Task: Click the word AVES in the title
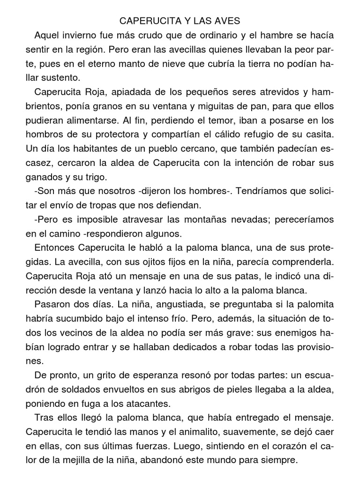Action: click(225, 21)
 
